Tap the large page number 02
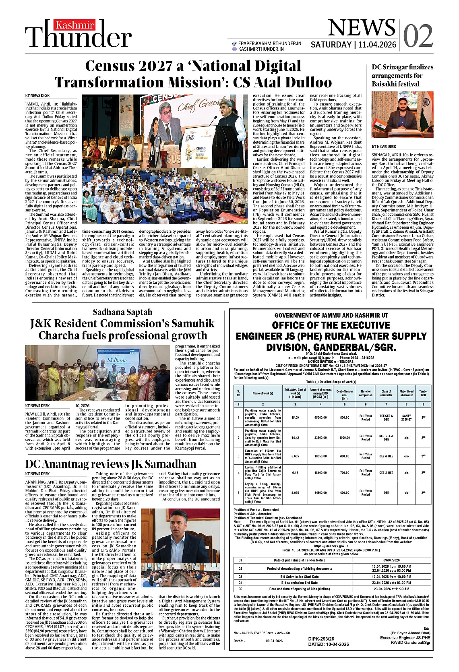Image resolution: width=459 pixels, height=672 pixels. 418,36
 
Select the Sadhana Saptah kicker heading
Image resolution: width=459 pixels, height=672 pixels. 122,312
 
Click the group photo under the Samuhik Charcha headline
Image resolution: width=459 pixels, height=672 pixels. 97,372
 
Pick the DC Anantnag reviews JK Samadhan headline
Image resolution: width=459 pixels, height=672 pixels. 111,464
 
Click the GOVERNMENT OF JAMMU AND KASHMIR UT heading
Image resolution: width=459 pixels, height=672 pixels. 331,315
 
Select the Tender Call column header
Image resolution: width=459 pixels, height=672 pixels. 423,393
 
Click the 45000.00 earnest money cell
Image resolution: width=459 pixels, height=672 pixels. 320,418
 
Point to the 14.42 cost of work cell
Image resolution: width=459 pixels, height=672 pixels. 295,438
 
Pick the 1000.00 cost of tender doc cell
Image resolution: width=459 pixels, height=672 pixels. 344,438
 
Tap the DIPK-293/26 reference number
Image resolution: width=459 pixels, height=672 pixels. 321,639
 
